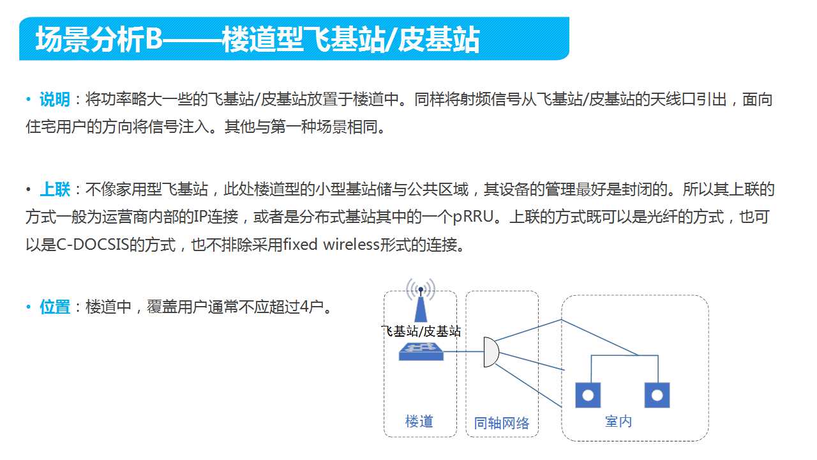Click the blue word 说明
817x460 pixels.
[55, 99]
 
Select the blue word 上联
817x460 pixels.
[55, 189]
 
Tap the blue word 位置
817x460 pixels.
[55, 307]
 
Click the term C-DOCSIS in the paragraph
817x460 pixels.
[93, 245]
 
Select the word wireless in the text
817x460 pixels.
[351, 244]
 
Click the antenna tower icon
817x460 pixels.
[421, 300]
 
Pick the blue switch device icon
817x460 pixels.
[421, 351]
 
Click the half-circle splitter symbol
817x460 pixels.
[491, 352]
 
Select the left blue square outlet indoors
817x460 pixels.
[588, 395]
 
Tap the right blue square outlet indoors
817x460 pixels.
[657, 395]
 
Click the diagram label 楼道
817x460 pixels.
[419, 421]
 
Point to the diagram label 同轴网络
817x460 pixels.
[502, 423]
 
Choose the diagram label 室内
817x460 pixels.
[618, 421]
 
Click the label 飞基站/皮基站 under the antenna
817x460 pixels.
[421, 331]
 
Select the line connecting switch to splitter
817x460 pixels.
[463, 351]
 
